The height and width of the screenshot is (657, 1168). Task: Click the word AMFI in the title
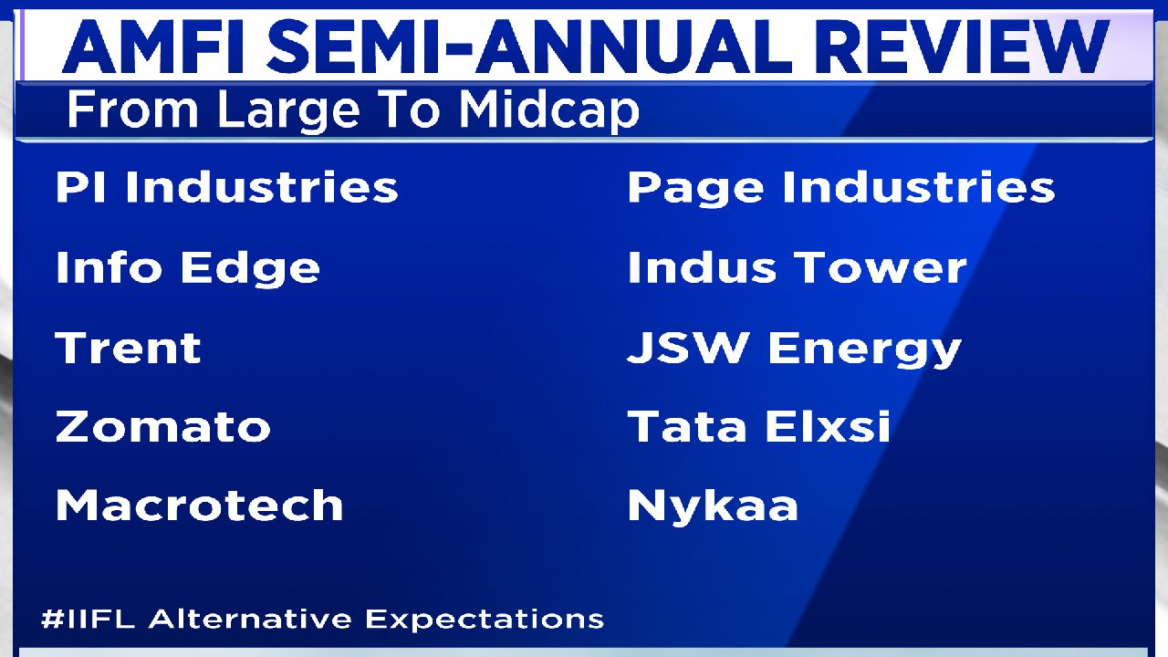click(153, 46)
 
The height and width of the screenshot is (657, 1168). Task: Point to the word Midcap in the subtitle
click(549, 110)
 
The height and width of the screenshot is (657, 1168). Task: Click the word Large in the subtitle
click(287, 110)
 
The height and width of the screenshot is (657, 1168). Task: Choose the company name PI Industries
click(227, 187)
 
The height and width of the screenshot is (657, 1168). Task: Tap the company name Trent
click(129, 348)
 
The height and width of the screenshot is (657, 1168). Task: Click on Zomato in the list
click(162, 426)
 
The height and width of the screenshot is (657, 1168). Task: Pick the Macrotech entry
click(199, 506)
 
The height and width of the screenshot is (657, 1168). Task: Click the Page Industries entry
click(841, 189)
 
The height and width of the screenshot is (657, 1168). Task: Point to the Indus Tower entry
click(798, 267)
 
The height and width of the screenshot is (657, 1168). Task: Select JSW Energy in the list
click(795, 349)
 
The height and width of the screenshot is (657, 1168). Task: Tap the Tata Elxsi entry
click(758, 425)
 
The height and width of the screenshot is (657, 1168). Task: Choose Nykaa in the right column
click(713, 506)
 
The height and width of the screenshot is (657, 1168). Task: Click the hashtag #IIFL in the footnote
click(89, 619)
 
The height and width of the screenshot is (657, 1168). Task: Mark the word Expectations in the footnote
click(485, 620)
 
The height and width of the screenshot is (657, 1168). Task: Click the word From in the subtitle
click(132, 109)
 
